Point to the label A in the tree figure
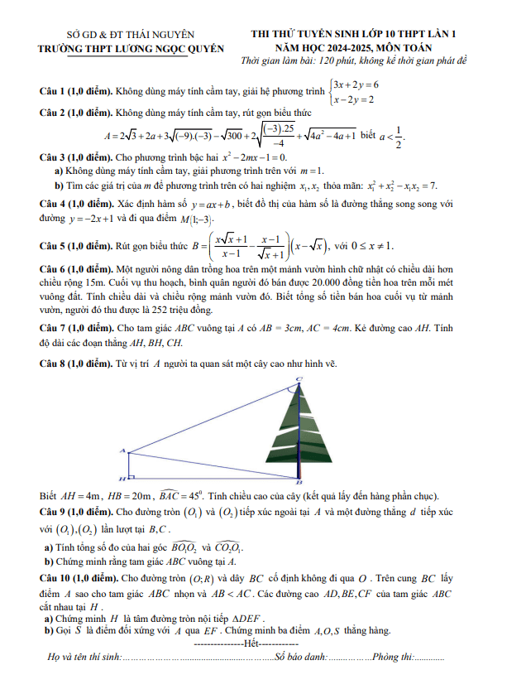pyautogui.click(x=122, y=450)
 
